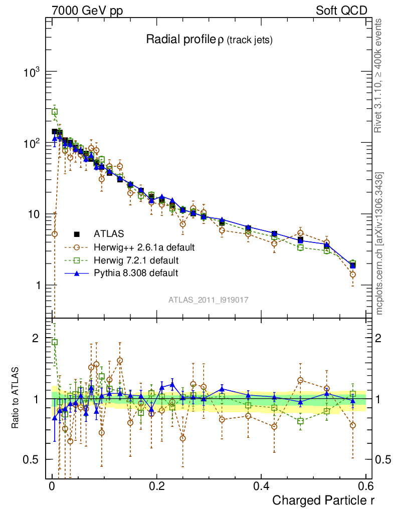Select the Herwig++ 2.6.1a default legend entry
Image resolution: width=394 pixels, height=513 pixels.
click(x=144, y=247)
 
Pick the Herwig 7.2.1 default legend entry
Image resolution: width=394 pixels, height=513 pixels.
click(x=136, y=261)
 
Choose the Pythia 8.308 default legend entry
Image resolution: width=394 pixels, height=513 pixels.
click(x=136, y=273)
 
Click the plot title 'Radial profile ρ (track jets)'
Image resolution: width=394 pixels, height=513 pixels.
click(x=209, y=40)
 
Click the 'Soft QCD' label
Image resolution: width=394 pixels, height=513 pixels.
click(x=341, y=11)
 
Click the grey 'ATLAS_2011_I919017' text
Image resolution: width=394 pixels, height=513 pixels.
click(x=209, y=300)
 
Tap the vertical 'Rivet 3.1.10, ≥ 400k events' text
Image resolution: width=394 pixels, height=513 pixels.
click(x=379, y=75)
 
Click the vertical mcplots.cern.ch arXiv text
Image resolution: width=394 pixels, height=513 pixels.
click(x=379, y=243)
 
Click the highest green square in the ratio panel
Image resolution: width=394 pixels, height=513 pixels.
click(x=55, y=342)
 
